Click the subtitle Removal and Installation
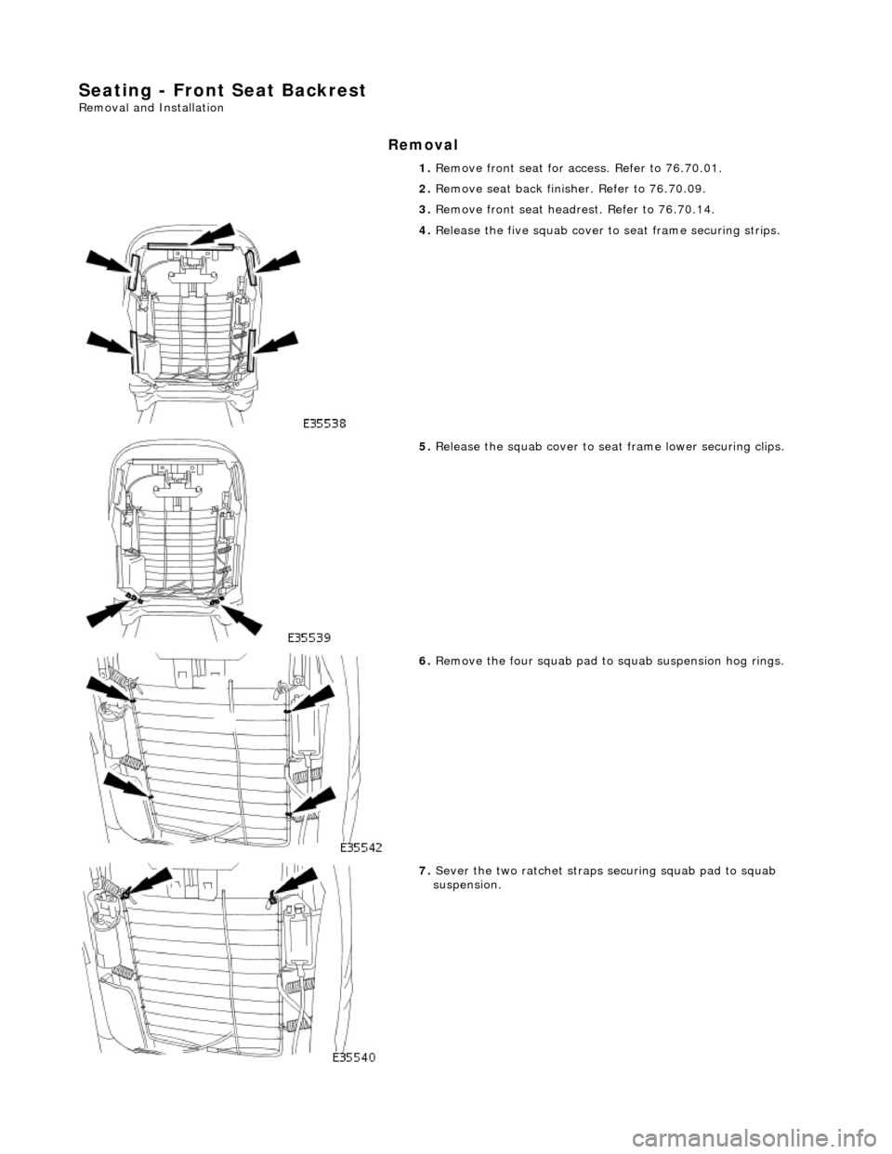[151, 108]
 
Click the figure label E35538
[324, 422]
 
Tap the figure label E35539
[309, 638]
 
